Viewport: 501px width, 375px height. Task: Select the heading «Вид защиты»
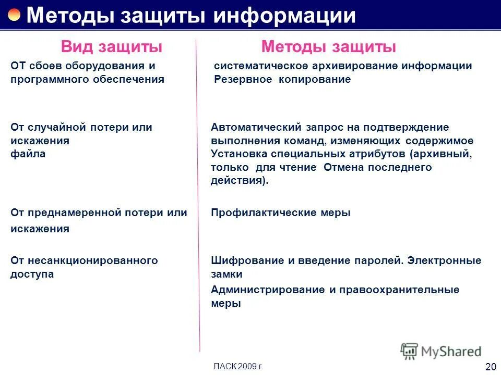pyautogui.click(x=112, y=47)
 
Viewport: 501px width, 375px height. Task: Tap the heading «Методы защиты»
pyautogui.click(x=329, y=47)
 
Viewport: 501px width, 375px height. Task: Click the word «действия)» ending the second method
pyautogui.click(x=240, y=181)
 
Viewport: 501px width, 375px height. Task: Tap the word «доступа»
pyautogui.click(x=32, y=274)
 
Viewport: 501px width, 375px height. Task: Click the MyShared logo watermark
pyautogui.click(x=441, y=351)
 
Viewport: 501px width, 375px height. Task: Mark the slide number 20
pyautogui.click(x=491, y=367)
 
